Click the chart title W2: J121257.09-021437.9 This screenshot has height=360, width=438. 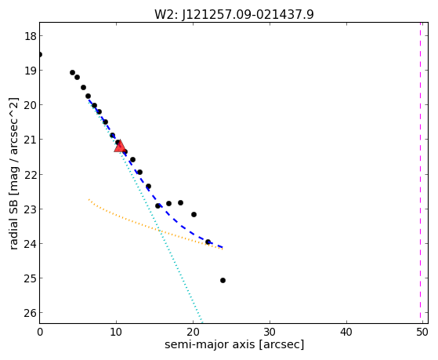pos(234,14)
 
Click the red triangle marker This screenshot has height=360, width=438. pos(120,147)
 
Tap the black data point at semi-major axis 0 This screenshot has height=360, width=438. pos(40,54)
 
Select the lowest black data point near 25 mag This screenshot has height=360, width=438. pos(223,280)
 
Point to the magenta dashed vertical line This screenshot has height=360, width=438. pos(420,173)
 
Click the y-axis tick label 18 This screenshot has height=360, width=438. pos(30,36)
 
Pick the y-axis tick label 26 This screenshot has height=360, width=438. pos(30,313)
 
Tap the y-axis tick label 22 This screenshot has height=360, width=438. pos(30,174)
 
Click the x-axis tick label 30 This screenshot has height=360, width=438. pos(270,332)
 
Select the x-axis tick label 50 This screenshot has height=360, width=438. pos(422,332)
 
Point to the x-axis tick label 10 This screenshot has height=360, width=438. pos(116,332)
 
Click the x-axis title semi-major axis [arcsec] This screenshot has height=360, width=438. pos(234,344)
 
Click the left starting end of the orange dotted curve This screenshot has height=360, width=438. pos(89,199)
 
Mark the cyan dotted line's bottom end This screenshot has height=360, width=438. pos(201,322)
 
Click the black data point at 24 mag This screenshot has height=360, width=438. pos(208,242)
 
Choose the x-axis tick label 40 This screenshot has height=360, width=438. pos(346,332)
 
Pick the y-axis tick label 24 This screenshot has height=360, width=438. pos(30,244)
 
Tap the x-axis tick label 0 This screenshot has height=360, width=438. pos(40,332)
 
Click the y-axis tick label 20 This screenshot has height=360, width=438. pos(30,105)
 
